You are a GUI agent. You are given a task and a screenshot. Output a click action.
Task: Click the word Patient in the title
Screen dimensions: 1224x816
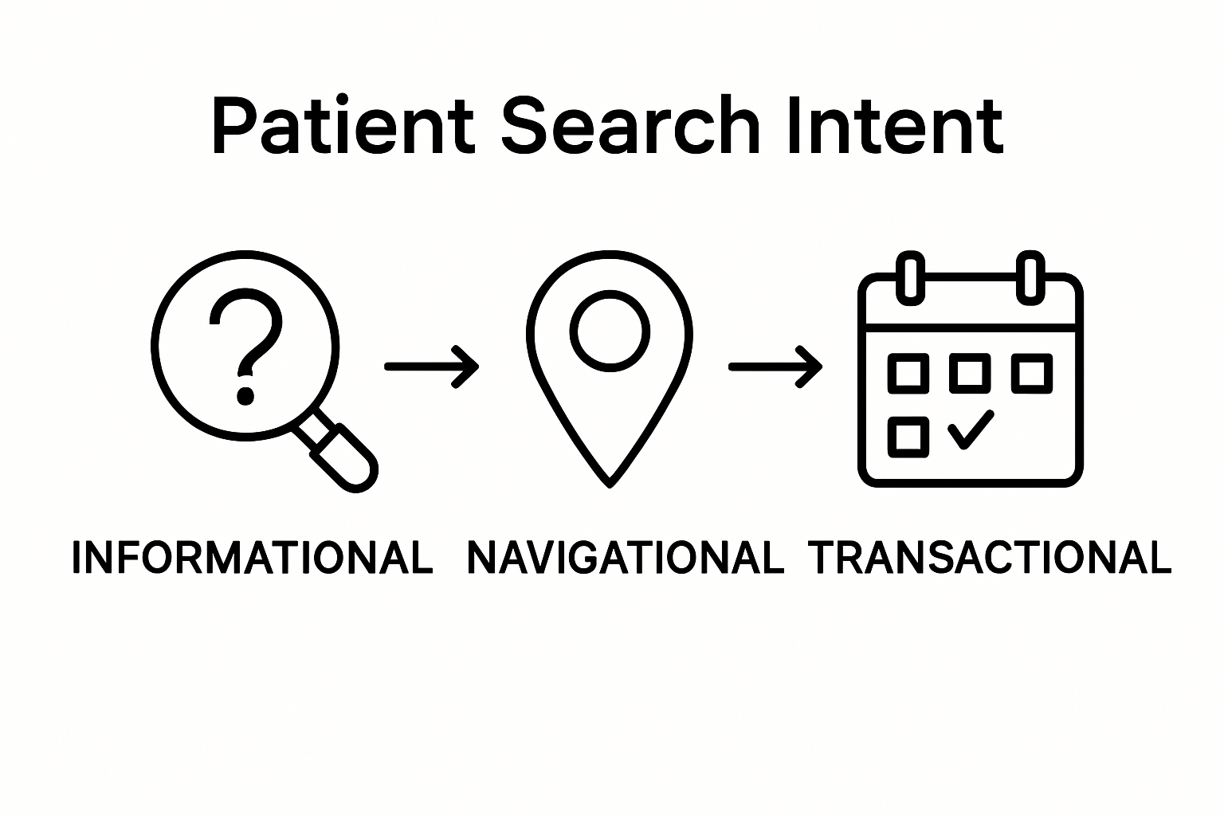point(343,125)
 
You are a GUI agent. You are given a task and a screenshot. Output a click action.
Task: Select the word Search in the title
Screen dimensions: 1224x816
point(630,125)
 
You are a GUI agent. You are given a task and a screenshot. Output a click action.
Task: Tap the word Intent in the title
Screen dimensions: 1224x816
point(896,125)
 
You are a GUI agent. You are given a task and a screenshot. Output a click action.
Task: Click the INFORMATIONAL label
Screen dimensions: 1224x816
point(253,557)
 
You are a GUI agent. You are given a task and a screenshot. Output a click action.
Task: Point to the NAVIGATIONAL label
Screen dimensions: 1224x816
point(626,557)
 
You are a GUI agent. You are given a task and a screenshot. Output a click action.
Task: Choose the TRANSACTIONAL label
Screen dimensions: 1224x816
point(990,557)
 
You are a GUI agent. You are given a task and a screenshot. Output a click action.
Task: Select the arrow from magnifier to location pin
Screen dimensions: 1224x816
point(432,367)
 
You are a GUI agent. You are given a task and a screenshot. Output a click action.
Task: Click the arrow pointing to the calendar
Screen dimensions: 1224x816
point(775,367)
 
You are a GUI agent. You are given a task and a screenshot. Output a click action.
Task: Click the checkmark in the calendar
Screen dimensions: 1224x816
point(971,430)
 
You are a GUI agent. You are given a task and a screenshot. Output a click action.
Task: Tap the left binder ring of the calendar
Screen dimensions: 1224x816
point(910,278)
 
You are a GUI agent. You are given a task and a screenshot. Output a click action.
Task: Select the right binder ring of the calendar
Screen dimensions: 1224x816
point(1030,278)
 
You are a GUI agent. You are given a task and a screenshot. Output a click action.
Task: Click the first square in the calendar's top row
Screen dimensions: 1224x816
point(908,374)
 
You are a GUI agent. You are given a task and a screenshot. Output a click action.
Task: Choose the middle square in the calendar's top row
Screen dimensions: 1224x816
point(970,374)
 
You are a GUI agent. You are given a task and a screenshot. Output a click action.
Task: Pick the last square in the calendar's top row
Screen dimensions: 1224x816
point(1032,374)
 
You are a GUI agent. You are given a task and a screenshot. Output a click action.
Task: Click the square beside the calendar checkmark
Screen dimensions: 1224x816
point(908,437)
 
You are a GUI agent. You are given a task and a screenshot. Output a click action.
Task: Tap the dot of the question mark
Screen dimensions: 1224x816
point(246,396)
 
